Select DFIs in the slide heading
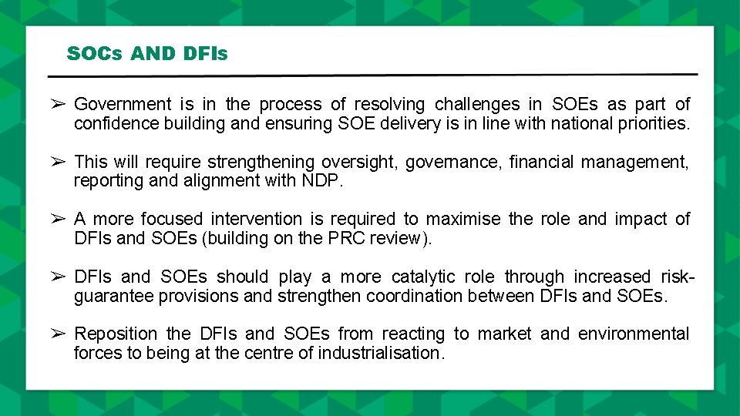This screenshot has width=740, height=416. pos(206,54)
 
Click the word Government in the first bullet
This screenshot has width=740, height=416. pos(123,104)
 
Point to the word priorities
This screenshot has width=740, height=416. pos(651,123)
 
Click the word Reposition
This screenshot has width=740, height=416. pos(116,334)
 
